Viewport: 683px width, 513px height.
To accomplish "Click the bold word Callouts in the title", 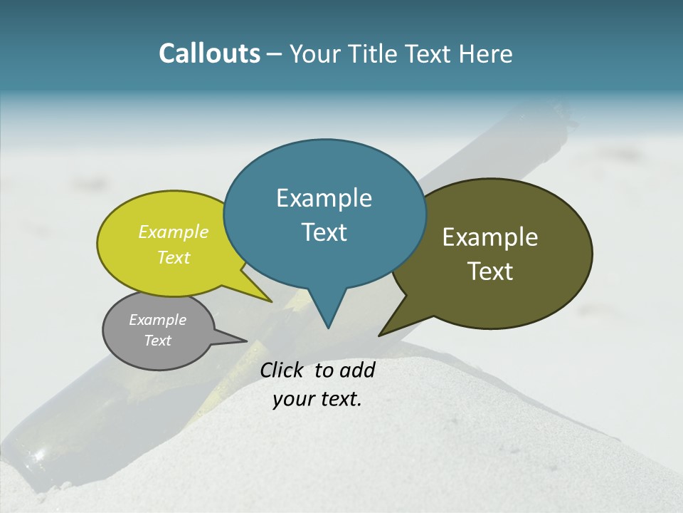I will [209, 53].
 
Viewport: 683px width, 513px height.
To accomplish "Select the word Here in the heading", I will [487, 53].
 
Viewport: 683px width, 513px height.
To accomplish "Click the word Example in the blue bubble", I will [324, 198].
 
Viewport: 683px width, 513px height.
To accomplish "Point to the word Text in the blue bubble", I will [324, 232].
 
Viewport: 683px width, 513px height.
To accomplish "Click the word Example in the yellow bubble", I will [174, 232].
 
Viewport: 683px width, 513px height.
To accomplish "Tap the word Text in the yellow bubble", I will [174, 257].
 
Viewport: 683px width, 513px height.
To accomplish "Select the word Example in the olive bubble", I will [490, 237].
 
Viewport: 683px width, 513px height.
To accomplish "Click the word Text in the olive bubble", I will [490, 271].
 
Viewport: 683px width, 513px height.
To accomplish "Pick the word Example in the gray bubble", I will [157, 320].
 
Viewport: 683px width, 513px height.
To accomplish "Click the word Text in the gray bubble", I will [157, 341].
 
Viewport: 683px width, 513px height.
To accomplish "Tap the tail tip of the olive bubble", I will [381, 335].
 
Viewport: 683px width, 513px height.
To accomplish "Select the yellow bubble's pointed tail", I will [270, 301].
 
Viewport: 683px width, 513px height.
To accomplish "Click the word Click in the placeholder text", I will [282, 370].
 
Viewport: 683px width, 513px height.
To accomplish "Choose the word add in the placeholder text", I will [357, 370].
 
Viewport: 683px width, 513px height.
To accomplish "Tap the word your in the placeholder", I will [293, 399].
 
